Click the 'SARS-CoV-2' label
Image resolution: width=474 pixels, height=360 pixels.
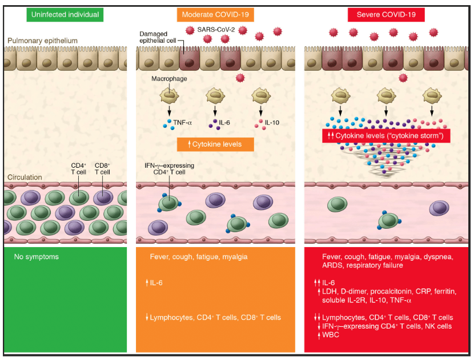[x=221, y=29]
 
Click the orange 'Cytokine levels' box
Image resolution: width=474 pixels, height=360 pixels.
[x=215, y=144]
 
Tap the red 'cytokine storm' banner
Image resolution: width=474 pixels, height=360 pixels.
[x=386, y=136]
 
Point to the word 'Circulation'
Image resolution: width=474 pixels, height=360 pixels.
[x=25, y=177]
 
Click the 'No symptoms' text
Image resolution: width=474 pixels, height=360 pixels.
[x=36, y=257]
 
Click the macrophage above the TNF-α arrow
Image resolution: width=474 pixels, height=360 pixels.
[x=169, y=94]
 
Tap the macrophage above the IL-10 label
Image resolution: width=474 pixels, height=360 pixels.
[x=261, y=94]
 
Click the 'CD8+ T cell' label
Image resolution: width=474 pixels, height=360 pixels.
[x=103, y=168]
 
